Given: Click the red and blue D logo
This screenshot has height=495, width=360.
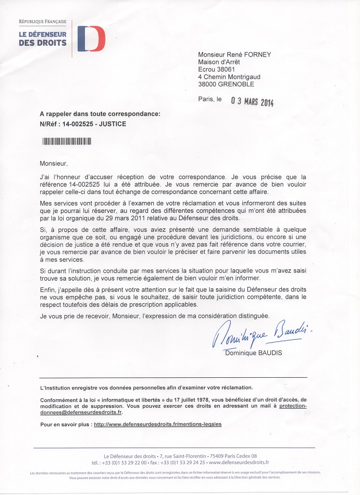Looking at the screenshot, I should point(91,38).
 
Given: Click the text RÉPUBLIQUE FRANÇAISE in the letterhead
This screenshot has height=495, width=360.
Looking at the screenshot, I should point(43,22).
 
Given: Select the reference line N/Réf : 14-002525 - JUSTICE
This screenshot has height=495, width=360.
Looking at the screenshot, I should point(83,124).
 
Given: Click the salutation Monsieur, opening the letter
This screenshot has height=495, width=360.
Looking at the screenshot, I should point(54,163).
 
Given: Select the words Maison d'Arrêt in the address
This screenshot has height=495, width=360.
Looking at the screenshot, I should point(219,63).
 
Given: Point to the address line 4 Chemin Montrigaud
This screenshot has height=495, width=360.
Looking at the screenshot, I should point(232,77).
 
